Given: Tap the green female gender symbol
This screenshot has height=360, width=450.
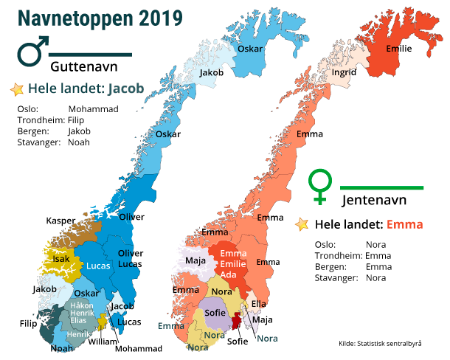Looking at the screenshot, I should tap(320, 187).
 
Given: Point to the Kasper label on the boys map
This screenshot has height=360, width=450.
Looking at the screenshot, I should tap(60, 221).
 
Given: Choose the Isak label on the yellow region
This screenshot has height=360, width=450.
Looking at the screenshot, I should tap(61, 259).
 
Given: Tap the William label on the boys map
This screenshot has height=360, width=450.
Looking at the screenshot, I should tap(102, 342).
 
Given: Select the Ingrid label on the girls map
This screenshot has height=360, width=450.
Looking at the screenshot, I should tap(345, 73).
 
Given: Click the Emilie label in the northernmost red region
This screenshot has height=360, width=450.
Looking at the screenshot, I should tap(398, 49).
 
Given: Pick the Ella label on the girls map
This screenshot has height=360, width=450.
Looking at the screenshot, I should tap(259, 303).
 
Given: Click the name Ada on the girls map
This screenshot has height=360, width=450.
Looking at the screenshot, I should tap(229, 274).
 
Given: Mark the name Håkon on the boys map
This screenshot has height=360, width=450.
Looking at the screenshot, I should tap(82, 305).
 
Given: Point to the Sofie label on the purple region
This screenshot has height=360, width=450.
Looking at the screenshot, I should tap(215, 313).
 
